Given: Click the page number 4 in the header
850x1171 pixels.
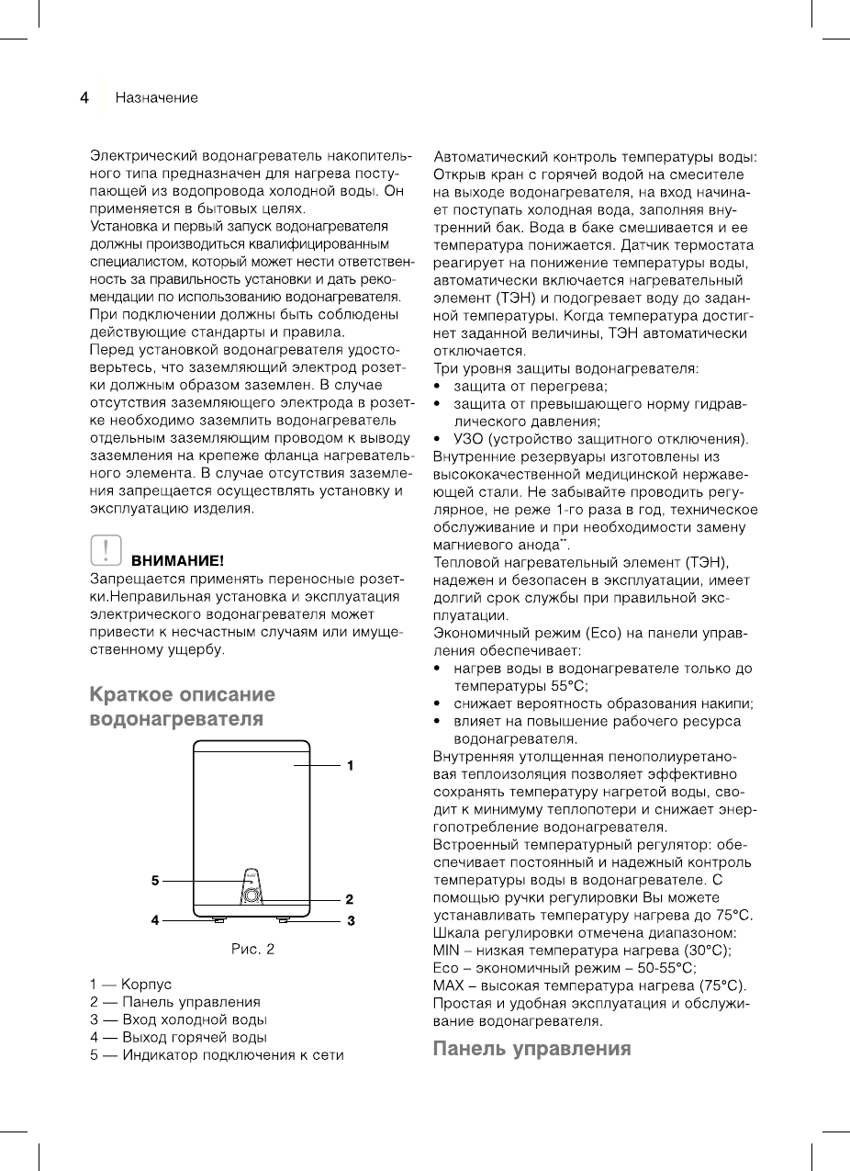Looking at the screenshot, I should [x=84, y=97].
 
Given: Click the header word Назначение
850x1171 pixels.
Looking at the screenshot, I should [x=156, y=97].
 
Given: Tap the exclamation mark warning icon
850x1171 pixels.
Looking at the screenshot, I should [x=106, y=549].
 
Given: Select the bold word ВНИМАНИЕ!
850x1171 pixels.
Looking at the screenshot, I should [x=178, y=559].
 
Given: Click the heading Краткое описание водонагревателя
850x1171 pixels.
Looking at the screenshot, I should [x=182, y=705].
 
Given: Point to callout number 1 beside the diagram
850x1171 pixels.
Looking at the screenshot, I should [x=350, y=764].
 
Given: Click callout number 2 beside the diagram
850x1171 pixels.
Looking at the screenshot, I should [x=350, y=898].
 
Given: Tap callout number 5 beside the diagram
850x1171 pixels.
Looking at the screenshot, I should [x=156, y=881].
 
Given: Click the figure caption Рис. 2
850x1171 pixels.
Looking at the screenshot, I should [x=252, y=949].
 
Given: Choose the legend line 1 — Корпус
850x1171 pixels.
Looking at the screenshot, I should [x=130, y=985].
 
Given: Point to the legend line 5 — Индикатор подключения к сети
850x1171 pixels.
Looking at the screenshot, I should [x=217, y=1054].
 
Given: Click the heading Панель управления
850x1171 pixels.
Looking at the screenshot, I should [x=532, y=1049].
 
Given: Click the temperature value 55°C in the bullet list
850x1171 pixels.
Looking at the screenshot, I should [x=568, y=685].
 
